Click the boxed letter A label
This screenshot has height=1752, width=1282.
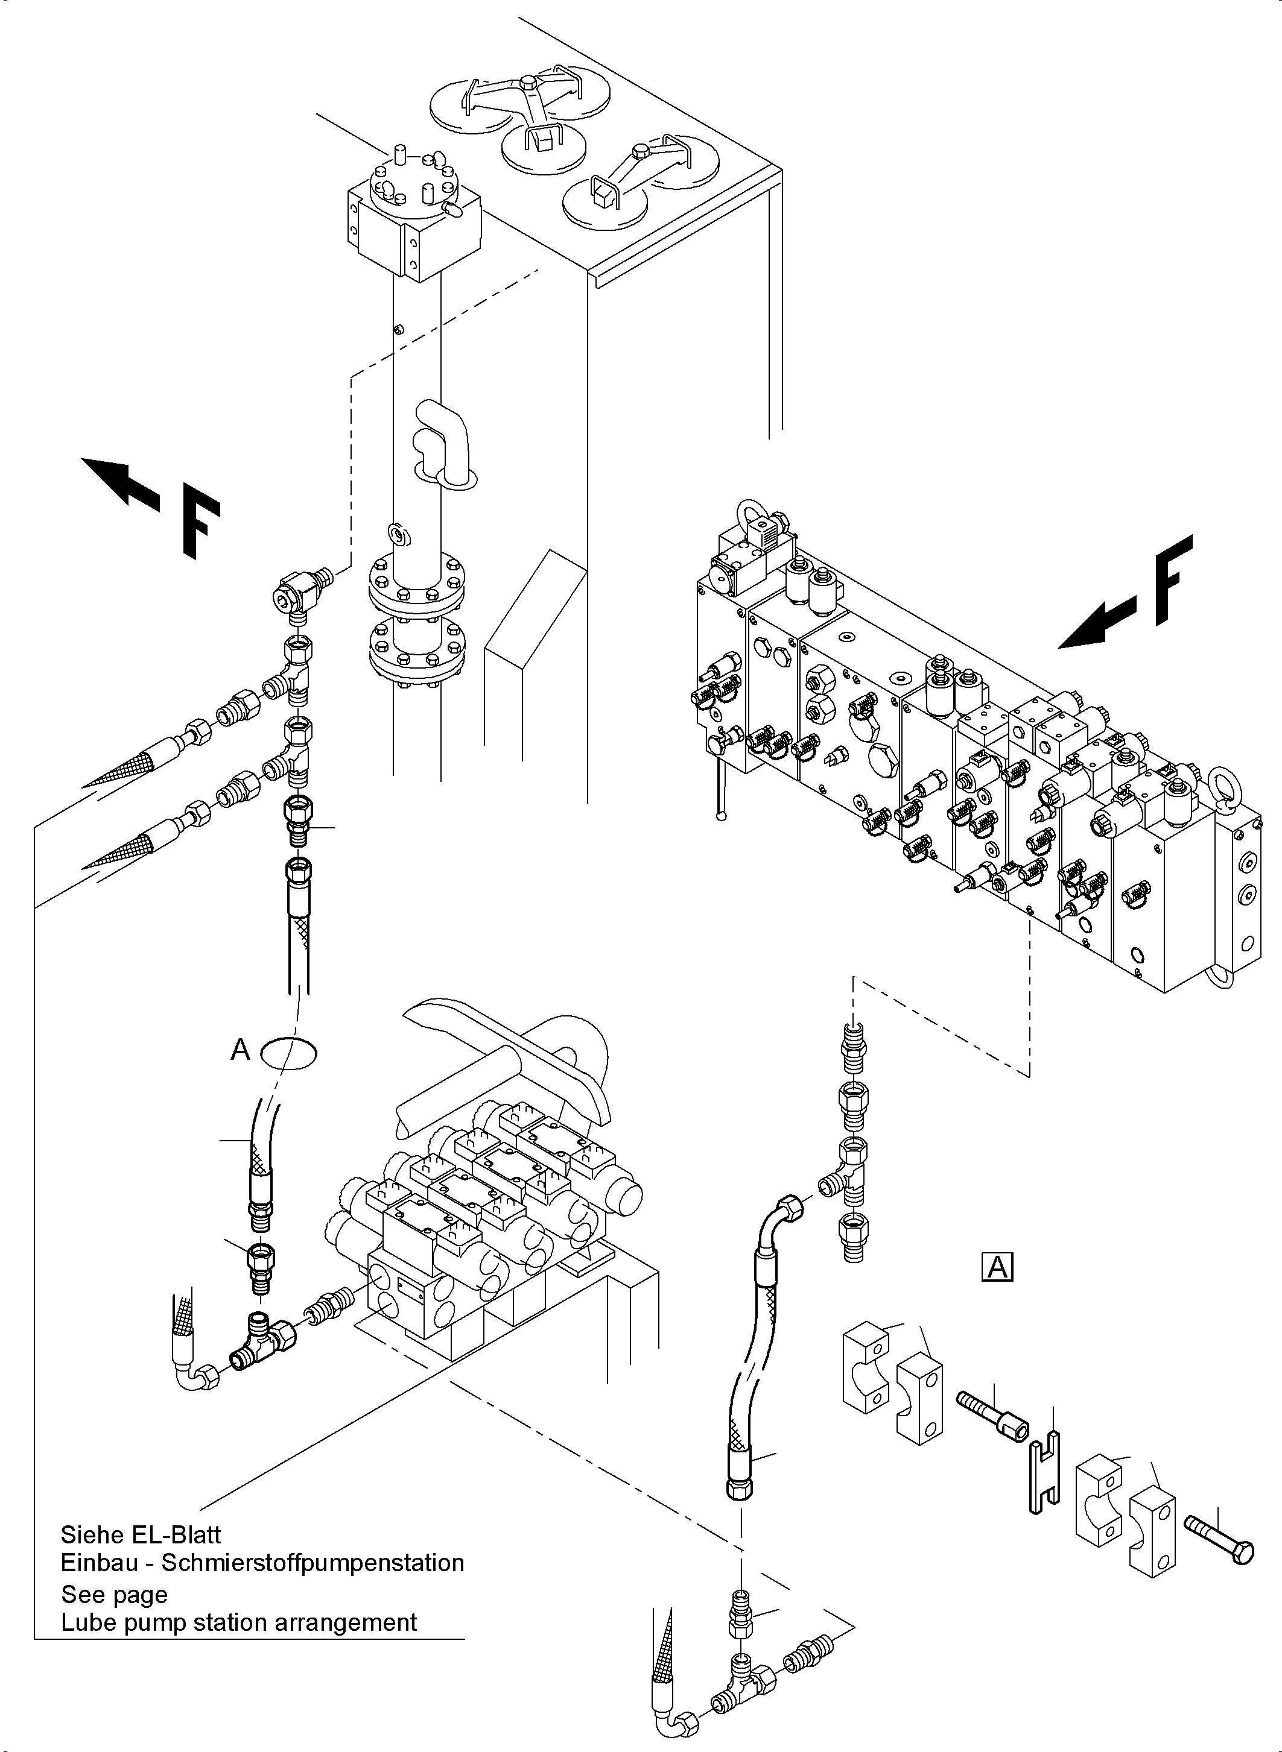point(997,1267)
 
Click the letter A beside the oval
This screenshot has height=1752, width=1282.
point(241,1050)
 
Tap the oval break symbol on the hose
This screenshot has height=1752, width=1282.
point(289,1053)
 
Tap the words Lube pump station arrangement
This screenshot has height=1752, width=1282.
point(239,1622)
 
